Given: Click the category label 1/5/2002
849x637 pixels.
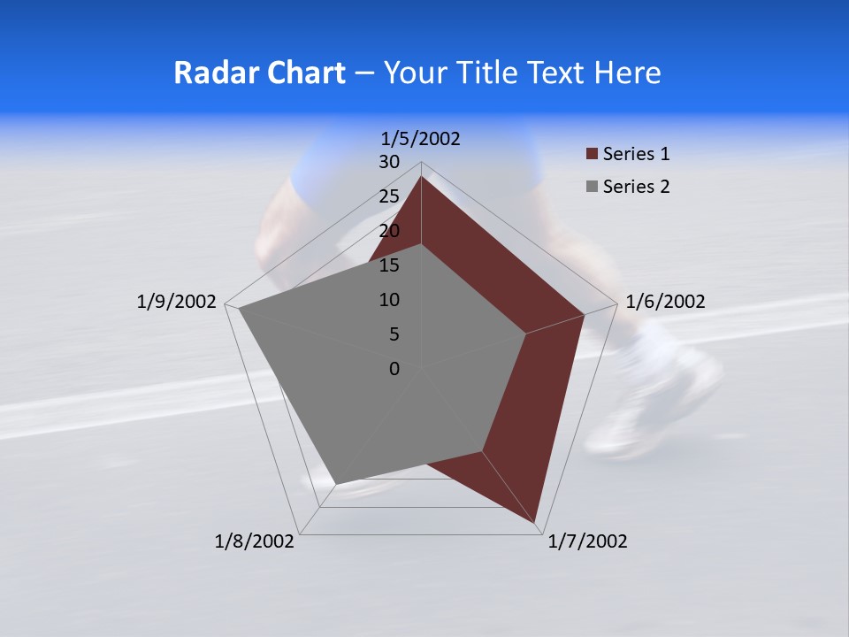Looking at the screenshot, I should tap(420, 138).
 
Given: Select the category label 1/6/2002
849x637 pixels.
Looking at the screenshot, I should tap(665, 302).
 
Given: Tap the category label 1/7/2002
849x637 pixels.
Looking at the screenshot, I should tap(587, 541).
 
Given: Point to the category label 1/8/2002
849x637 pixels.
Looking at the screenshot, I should tap(255, 541).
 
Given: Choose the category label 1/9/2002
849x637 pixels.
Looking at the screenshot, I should tap(177, 302).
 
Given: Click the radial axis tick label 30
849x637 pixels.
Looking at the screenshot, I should tap(389, 162).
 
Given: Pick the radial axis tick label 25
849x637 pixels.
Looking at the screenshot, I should tap(389, 196).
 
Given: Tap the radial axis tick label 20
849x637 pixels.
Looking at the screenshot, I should tap(389, 231).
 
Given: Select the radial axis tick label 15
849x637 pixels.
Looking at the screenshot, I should tap(389, 265).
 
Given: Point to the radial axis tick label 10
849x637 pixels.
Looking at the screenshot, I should tap(389, 300).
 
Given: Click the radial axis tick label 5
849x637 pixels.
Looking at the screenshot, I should tap(394, 334).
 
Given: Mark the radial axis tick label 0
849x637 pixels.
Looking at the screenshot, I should tap(394, 369).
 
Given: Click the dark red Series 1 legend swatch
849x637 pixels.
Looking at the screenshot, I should tap(592, 155).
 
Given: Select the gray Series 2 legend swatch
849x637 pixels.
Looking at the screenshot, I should tap(592, 187).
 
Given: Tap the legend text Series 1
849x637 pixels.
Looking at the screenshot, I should tap(636, 155).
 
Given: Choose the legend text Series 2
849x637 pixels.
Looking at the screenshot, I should tap(636, 187).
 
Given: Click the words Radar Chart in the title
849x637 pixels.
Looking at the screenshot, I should tap(259, 73).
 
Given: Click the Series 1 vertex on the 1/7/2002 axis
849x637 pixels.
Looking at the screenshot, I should tap(536, 522).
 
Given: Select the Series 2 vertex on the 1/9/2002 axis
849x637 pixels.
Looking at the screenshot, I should tap(239, 309).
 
